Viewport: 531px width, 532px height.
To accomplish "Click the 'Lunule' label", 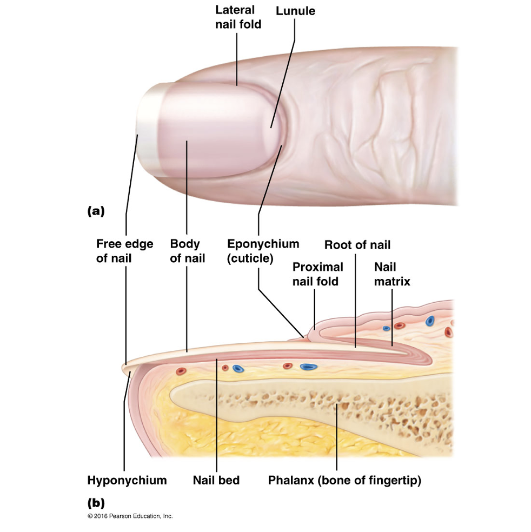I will coord(295,11).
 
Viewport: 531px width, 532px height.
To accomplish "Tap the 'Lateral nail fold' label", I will coord(238,17).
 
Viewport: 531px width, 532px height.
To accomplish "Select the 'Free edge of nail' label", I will coord(124,251).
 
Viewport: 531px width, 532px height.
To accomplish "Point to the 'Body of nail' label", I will coord(187,251).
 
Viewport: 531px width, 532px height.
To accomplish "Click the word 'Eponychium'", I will coord(263,244).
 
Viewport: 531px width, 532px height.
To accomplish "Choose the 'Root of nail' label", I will coord(357,245).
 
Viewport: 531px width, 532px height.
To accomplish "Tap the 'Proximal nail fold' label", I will coord(317,274).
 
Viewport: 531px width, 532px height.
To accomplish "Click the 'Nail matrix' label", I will coord(392,274).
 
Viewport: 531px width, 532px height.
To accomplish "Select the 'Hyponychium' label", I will coord(127,480).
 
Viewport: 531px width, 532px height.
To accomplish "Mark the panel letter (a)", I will coord(95,211).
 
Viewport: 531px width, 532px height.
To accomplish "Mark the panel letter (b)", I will coord(95,502).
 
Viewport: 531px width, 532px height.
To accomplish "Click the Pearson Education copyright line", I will coord(130,517).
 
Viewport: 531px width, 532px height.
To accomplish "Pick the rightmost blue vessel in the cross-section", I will coord(430,321).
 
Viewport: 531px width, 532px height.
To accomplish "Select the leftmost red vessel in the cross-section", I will coord(181,371).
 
